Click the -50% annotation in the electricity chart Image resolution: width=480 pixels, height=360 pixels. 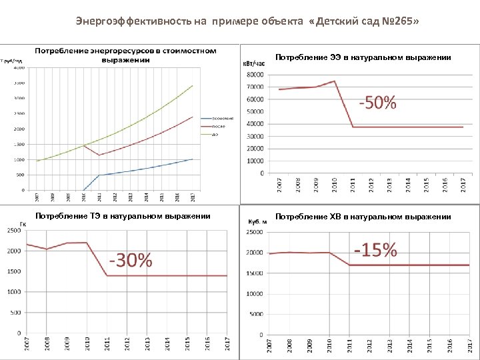tap(378, 103)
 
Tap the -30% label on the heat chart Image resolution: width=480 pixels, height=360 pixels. tap(131, 260)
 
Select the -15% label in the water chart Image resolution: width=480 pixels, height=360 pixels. tap(376, 250)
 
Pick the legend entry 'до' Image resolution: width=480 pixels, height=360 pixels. tap(214, 134)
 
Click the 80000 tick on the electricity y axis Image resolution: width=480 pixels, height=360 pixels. tap(255, 75)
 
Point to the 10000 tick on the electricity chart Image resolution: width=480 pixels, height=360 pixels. tap(255, 161)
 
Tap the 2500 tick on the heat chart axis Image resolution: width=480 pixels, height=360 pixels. tap(13, 231)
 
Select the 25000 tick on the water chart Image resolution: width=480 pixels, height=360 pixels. tap(255, 233)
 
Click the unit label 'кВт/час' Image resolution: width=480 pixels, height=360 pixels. tap(253, 63)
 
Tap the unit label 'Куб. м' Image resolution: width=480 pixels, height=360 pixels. tap(257, 221)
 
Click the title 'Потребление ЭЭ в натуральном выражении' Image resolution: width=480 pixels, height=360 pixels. tap(363, 57)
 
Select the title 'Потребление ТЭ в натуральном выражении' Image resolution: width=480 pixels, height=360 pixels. tap(123, 216)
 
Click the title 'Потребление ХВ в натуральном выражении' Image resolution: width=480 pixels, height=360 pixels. tap(363, 217)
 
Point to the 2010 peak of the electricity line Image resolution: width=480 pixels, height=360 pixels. tap(334, 81)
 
